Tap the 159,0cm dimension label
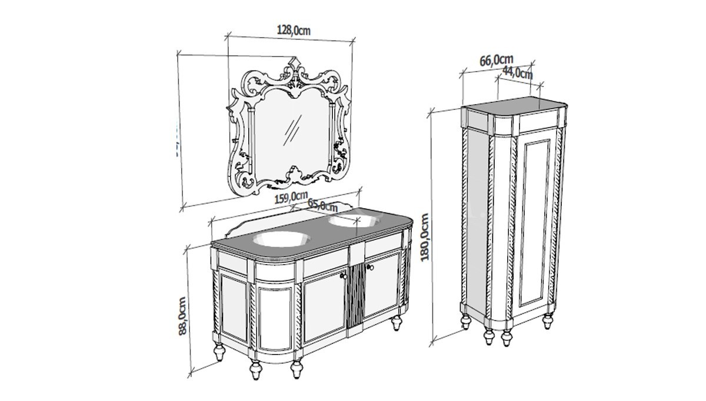(x=291, y=198)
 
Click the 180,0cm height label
(x=426, y=237)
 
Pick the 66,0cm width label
(x=497, y=60)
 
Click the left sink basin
(x=281, y=239)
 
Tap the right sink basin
(x=354, y=221)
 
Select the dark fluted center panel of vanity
(x=357, y=300)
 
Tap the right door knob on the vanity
(x=370, y=268)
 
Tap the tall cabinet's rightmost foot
(x=548, y=322)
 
